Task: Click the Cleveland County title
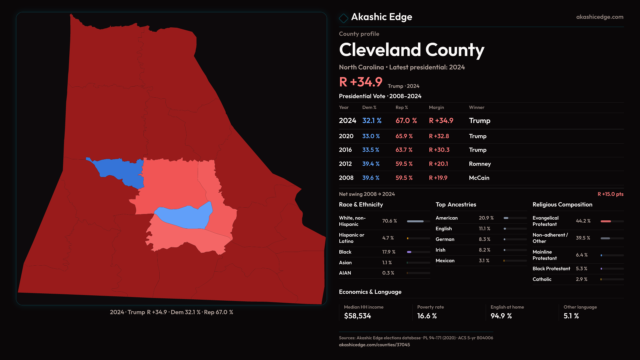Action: point(411,50)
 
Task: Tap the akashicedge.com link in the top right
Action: point(599,17)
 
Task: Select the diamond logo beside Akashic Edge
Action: point(343,18)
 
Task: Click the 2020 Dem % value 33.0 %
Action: point(371,136)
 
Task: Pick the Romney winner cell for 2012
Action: point(480,164)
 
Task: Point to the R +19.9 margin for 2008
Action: point(438,178)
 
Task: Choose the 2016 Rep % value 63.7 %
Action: point(404,150)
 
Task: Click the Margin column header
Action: point(436,107)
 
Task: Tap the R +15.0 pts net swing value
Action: point(610,194)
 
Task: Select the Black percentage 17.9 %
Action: point(389,252)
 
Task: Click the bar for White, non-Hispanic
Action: point(415,221)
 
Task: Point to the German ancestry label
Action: point(445,239)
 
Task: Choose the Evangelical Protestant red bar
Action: point(606,221)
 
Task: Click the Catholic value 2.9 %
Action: point(581,279)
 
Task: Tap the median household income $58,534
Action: point(357,316)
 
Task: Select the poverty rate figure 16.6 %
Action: point(427,316)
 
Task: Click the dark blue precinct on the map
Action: point(120,170)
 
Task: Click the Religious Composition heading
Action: point(562,205)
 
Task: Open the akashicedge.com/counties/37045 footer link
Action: point(374,345)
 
